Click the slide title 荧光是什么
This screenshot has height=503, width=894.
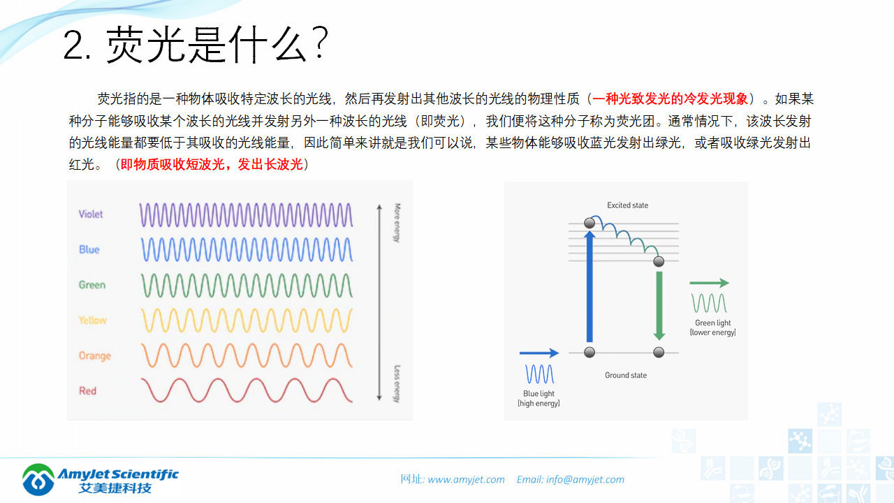pos(196,46)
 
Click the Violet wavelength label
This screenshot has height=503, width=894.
pos(91,214)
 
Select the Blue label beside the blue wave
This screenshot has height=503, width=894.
pos(89,249)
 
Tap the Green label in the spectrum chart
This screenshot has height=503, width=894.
pos(92,285)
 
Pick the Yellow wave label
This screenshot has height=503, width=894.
pos(92,320)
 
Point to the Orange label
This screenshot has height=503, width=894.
pos(94,356)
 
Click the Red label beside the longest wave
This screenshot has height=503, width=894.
pos(88,391)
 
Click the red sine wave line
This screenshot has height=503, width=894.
pos(246,391)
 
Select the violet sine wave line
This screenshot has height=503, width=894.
pos(246,214)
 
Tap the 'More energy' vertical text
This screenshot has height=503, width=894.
pos(396,223)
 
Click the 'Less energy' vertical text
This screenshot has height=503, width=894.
pos(396,384)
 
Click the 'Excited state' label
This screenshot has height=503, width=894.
pos(627,205)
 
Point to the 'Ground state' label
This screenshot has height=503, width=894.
pos(625,375)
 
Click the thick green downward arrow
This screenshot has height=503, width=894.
pos(658,305)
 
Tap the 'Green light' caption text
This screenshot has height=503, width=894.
pos(712,323)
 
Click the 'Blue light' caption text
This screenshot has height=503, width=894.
pos(538,394)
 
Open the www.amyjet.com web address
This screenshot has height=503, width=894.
pos(466,479)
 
